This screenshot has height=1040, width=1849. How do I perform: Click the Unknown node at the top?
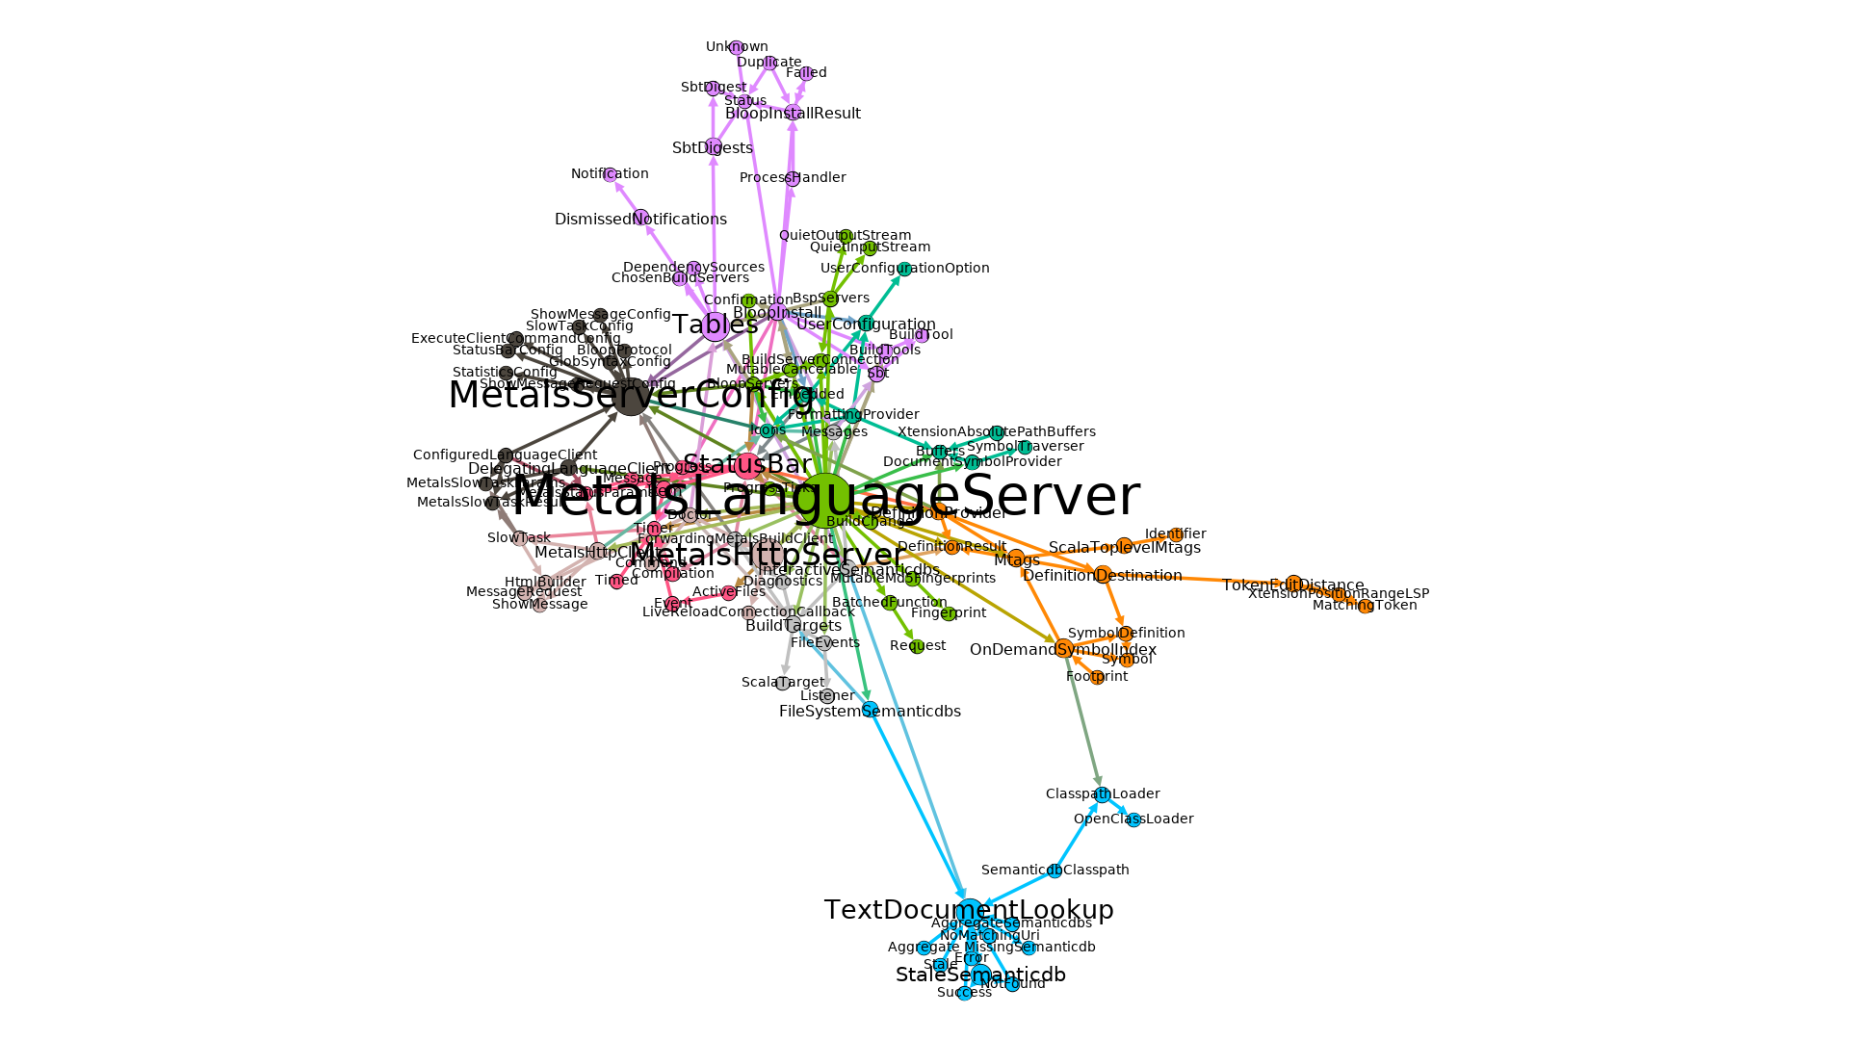(736, 47)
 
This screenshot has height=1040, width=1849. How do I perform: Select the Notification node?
(610, 174)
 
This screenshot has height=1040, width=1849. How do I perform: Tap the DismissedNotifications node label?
(640, 220)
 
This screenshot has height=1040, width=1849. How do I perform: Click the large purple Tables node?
(715, 326)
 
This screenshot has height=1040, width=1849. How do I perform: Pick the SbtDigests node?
(713, 147)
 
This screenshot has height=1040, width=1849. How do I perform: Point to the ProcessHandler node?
(793, 178)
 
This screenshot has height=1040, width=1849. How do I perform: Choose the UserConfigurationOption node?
(904, 269)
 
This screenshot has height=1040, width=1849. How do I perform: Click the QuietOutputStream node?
(845, 236)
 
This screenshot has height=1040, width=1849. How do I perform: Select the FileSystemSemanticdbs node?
(870, 711)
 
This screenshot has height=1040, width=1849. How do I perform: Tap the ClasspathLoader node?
(1103, 794)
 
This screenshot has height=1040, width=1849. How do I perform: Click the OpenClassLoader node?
(1133, 819)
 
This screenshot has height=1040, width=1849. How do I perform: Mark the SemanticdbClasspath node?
(1055, 871)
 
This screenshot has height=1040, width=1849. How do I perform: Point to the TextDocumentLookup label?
(969, 910)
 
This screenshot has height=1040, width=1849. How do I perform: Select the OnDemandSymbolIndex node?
(1063, 649)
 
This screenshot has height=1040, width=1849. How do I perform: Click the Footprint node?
(1097, 677)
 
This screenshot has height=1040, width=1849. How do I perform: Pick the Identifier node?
(1176, 534)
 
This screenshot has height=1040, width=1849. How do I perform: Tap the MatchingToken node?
(1366, 606)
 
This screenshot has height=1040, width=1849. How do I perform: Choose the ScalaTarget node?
(783, 683)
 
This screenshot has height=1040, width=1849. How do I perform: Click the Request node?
(918, 646)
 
